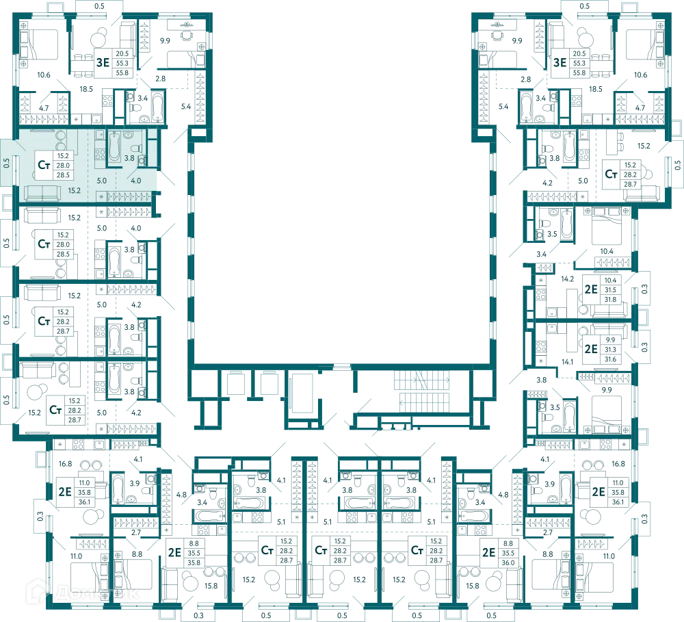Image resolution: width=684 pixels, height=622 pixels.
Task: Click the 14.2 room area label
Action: tap(567, 278)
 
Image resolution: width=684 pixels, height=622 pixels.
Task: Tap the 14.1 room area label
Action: tap(567, 361)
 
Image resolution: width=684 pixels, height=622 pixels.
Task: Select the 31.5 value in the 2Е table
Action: tap(610, 290)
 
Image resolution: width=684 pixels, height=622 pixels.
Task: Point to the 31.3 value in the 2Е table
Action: tap(610, 350)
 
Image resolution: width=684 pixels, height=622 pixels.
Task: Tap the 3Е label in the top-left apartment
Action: tap(103, 63)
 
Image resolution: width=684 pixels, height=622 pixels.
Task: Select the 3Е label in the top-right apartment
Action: tap(560, 63)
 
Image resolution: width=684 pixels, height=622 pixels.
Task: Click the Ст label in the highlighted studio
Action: tap(44, 165)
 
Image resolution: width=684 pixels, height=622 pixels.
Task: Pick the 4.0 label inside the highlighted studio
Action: tap(135, 181)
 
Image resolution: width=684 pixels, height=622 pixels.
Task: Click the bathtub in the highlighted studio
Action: tap(114, 148)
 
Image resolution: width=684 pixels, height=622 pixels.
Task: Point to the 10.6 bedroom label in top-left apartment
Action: tap(44, 75)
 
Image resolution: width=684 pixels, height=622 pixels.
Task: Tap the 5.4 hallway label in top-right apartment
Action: tap(503, 106)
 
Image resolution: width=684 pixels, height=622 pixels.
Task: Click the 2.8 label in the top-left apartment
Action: tap(161, 79)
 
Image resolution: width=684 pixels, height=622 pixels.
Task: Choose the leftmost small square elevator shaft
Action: tap(236, 383)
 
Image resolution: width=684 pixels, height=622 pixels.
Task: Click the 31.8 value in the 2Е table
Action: tap(610, 300)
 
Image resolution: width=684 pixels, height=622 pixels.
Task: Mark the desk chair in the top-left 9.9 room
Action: tap(187, 34)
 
